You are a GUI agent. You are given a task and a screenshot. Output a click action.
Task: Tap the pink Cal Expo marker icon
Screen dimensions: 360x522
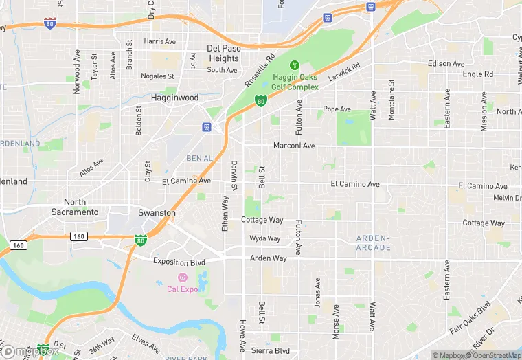click(182, 278)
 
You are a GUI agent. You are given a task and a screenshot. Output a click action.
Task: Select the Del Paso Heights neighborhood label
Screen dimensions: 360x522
click(223, 54)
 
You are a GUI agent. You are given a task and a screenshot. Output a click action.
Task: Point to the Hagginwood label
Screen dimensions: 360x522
click(174, 98)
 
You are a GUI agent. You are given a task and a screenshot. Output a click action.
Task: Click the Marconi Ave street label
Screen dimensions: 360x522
click(293, 146)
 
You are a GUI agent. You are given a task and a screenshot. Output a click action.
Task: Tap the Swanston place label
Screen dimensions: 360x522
click(157, 213)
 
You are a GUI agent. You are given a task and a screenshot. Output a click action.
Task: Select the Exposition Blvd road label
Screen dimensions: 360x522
click(179, 262)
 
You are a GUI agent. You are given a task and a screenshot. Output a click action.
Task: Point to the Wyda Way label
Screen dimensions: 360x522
click(264, 238)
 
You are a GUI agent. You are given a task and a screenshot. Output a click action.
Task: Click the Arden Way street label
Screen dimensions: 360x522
click(268, 258)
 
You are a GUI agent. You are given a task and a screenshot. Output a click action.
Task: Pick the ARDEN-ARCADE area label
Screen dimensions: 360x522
click(373, 243)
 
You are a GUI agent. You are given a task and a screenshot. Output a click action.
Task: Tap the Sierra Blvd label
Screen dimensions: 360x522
click(271, 350)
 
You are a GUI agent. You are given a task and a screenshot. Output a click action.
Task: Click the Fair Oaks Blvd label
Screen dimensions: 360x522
click(471, 317)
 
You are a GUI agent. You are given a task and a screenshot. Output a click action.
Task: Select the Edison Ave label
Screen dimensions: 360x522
click(446, 63)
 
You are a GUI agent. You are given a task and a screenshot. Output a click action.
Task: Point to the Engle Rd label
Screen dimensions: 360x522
click(477, 74)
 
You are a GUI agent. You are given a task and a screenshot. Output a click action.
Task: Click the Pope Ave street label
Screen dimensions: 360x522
click(337, 109)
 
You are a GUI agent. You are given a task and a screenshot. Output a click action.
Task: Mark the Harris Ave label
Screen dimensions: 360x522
click(160, 41)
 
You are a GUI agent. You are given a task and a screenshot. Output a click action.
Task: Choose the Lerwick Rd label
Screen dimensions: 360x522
click(344, 74)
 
